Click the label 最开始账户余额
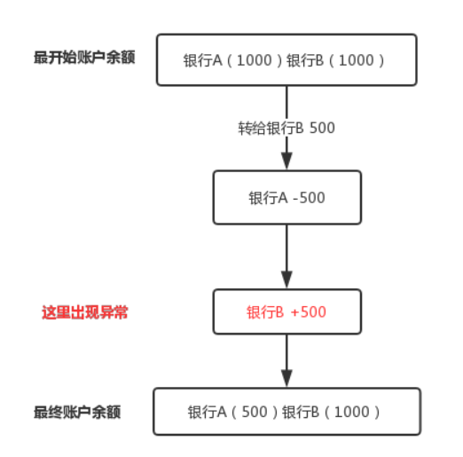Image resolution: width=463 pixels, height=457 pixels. (x=84, y=59)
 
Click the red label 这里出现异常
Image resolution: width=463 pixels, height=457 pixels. (x=84, y=312)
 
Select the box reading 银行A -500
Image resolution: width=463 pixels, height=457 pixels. (x=286, y=197)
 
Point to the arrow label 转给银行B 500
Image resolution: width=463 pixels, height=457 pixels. (x=286, y=128)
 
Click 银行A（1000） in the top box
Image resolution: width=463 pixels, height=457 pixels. (x=232, y=60)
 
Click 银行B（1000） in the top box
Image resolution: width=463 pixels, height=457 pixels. (x=338, y=60)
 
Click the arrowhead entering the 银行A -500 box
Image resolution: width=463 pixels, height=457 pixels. (x=286, y=162)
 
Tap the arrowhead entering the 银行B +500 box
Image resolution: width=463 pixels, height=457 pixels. (x=286, y=280)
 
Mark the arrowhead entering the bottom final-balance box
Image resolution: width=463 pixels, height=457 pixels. (x=286, y=378)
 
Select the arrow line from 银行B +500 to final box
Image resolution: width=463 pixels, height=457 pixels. (x=286, y=355)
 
